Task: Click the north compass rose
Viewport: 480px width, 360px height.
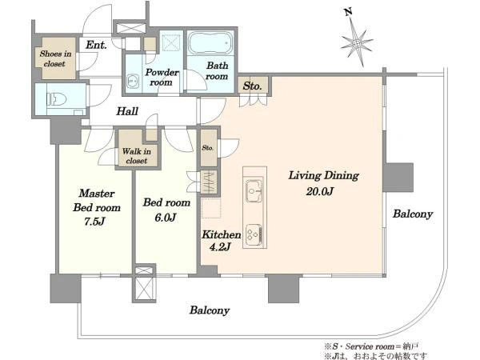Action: coord(357,43)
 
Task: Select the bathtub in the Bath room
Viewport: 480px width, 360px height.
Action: coord(210,42)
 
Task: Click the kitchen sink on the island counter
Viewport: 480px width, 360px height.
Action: coord(254,191)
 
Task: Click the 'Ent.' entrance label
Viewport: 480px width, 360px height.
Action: coord(96,46)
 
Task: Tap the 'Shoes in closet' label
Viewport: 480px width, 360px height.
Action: coord(55,58)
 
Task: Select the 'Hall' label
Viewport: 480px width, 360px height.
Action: coord(127,111)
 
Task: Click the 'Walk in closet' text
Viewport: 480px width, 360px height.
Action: coord(137,156)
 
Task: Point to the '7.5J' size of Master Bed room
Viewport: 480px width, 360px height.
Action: coord(95,222)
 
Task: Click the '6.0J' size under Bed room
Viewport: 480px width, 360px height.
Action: coord(166,218)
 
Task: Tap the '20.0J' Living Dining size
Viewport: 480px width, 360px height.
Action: coord(319,192)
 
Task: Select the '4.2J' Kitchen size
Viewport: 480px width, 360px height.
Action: coord(220,246)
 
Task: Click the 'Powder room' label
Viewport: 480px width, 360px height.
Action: coord(162,77)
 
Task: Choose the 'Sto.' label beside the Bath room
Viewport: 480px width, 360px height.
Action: coord(252,86)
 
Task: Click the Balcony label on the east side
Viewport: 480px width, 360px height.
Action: coord(413,214)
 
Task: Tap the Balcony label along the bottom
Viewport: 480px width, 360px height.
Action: coord(210,310)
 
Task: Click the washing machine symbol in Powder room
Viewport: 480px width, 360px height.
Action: coord(133,82)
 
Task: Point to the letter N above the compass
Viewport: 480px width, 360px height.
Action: coord(348,12)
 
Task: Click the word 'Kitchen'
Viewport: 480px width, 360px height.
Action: coord(221,234)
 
